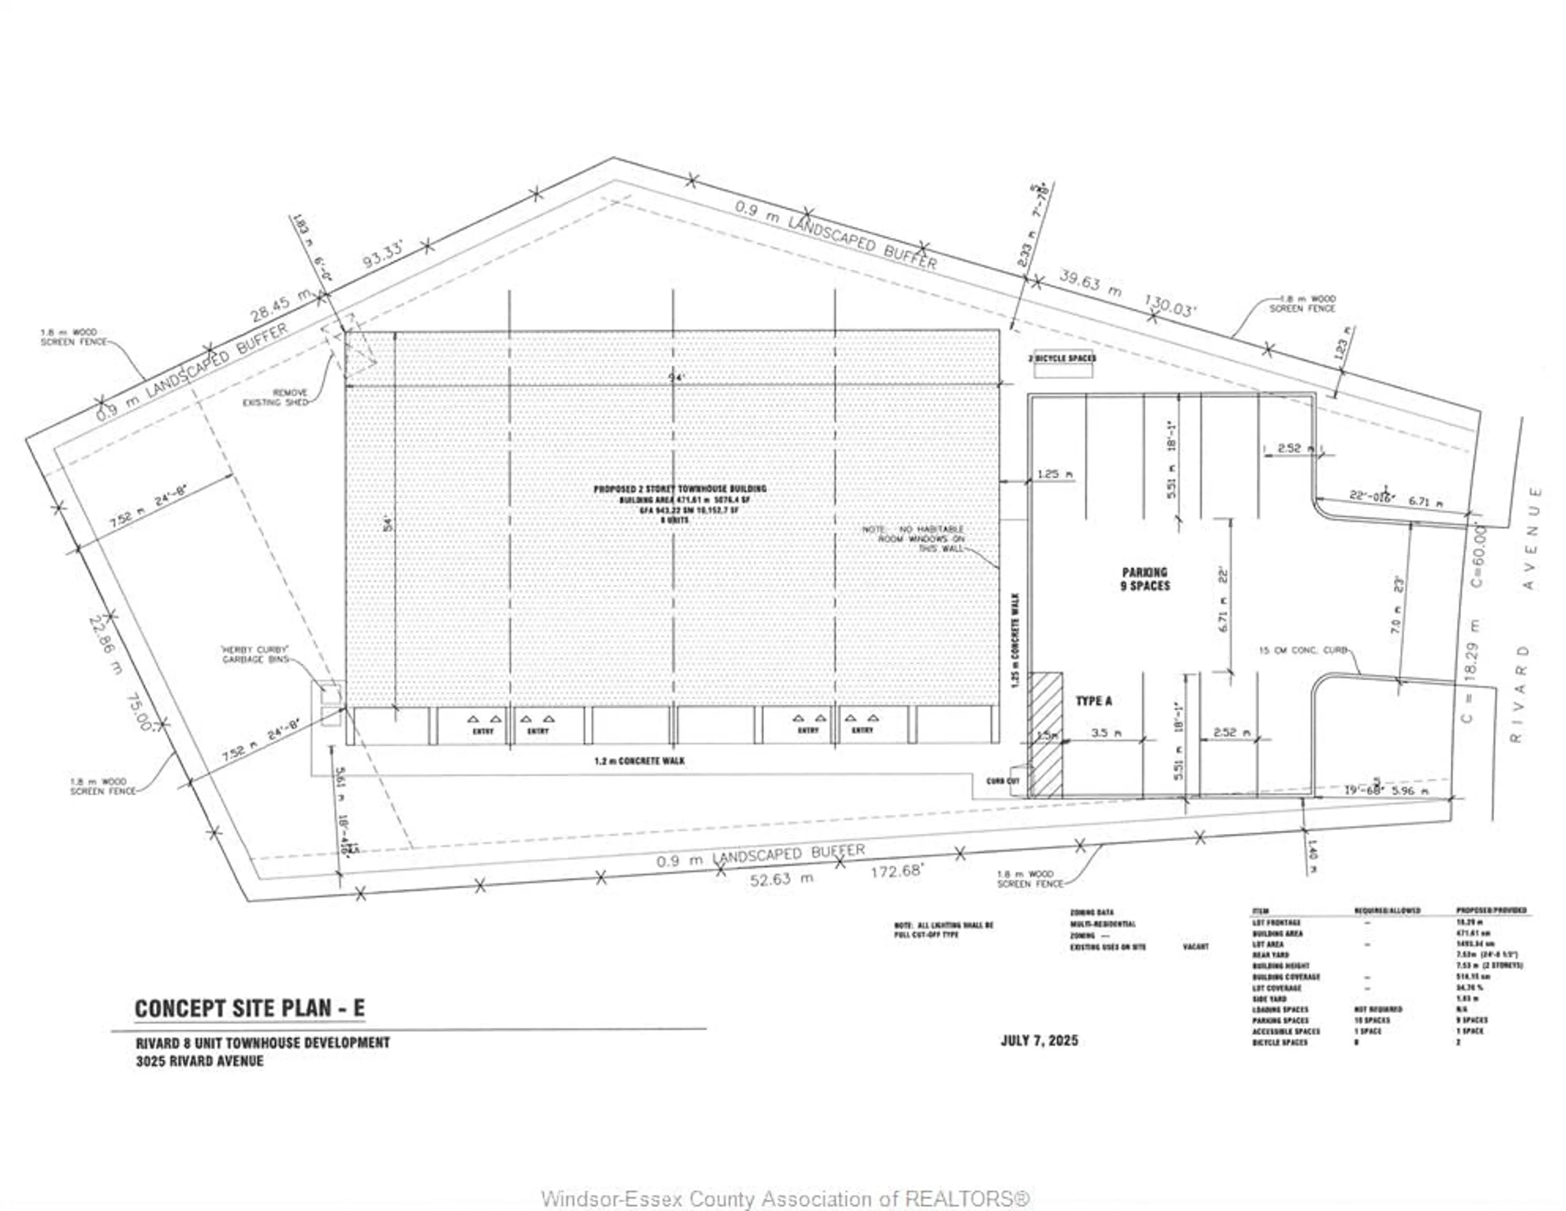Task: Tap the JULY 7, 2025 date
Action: pyautogui.click(x=1039, y=1040)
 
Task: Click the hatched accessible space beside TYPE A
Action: pyautogui.click(x=1046, y=734)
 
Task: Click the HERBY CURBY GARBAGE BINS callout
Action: pyautogui.click(x=255, y=654)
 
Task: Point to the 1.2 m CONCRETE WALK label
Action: pyautogui.click(x=639, y=761)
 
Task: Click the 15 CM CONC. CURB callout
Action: pyautogui.click(x=1303, y=650)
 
